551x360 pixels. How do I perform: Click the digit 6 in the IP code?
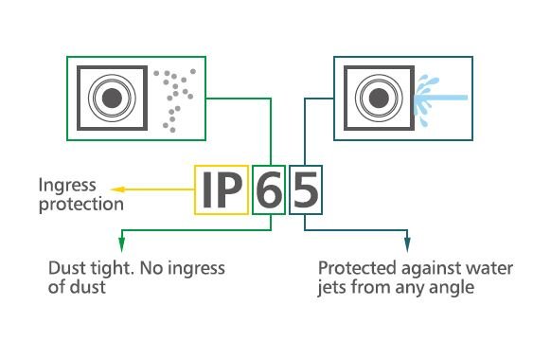pos(269,191)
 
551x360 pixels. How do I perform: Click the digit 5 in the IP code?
pos(305,191)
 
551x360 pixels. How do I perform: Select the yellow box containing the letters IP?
pos(222,191)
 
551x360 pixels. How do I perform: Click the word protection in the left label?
pos(81,204)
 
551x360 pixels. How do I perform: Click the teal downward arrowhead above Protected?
pos(408,243)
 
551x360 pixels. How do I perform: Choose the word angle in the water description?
pos(453,286)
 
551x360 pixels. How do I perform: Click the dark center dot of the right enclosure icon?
pos(377,96)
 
